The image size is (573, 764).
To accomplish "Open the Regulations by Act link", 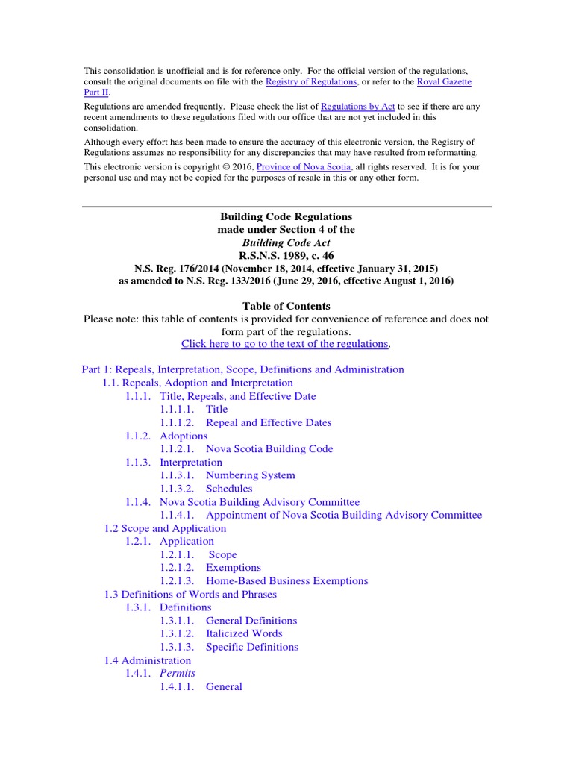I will [358, 107].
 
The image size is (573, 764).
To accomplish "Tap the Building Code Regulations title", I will [286, 216].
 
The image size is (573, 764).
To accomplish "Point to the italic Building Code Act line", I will [286, 242].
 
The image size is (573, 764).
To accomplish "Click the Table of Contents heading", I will [286, 306].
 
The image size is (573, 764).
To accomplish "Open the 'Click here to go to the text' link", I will [286, 344].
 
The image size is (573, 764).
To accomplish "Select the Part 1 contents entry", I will [242, 369].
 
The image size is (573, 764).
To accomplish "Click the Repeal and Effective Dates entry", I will [269, 422].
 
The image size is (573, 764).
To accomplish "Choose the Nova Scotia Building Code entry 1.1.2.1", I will [269, 449].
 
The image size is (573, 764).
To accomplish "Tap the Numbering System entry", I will [250, 475].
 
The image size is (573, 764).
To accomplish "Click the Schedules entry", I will [229, 489].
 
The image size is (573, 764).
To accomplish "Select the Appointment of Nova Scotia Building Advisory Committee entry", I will [344, 515].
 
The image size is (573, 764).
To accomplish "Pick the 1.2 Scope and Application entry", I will [165, 528].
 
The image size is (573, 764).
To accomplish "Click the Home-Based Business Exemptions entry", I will [286, 580].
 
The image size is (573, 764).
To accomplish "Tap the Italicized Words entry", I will [244, 633].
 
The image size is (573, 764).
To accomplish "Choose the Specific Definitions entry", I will [251, 647].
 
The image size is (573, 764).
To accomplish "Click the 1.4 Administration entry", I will [147, 660].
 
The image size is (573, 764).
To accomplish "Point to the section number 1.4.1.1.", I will [177, 686].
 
